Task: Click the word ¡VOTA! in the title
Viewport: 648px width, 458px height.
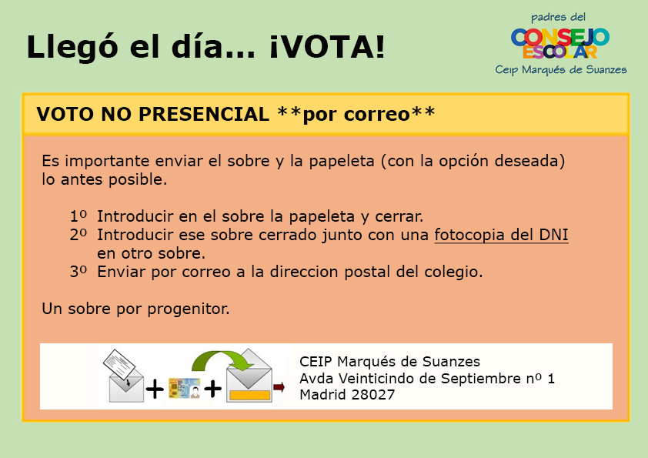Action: pyautogui.click(x=327, y=46)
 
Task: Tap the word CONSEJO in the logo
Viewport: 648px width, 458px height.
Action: pyautogui.click(x=560, y=37)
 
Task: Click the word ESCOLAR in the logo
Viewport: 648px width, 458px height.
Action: pyautogui.click(x=560, y=52)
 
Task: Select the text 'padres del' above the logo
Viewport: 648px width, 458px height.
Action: pyautogui.click(x=558, y=18)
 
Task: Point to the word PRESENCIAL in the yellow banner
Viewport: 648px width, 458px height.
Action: pyautogui.click(x=204, y=114)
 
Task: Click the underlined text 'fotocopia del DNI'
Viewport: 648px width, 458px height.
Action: pyautogui.click(x=501, y=235)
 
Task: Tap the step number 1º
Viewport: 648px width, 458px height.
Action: pyautogui.click(x=78, y=216)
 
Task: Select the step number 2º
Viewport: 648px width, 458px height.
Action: pyautogui.click(x=78, y=235)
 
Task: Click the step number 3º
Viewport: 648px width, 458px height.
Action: pyautogui.click(x=78, y=272)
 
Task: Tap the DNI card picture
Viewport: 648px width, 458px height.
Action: pyautogui.click(x=184, y=388)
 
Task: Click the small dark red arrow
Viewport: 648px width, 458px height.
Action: pyautogui.click(x=279, y=387)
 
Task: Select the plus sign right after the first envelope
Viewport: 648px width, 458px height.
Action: pyautogui.click(x=155, y=389)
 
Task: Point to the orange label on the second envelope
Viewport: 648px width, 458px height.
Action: pyautogui.click(x=249, y=395)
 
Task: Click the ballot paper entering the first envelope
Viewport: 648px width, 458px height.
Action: pyautogui.click(x=119, y=364)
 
